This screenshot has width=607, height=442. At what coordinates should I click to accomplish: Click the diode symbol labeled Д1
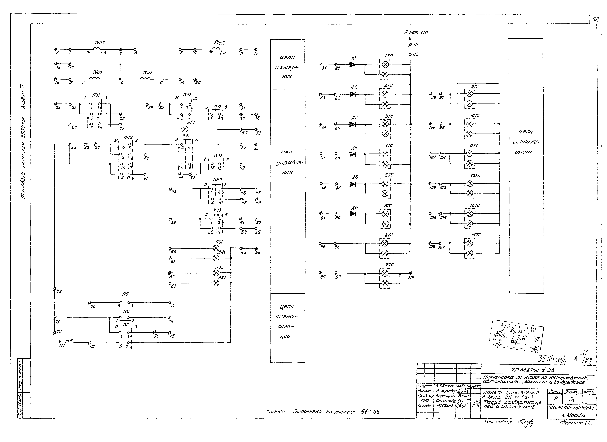352,64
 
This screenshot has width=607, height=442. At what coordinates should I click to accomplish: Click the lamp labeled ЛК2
216,283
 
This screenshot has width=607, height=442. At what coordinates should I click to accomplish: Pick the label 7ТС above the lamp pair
389,265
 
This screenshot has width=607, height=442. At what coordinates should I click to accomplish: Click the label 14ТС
476,235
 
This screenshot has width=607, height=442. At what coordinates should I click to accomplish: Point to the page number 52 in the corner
595,19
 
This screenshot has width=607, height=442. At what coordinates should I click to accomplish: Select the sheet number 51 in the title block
572,399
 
